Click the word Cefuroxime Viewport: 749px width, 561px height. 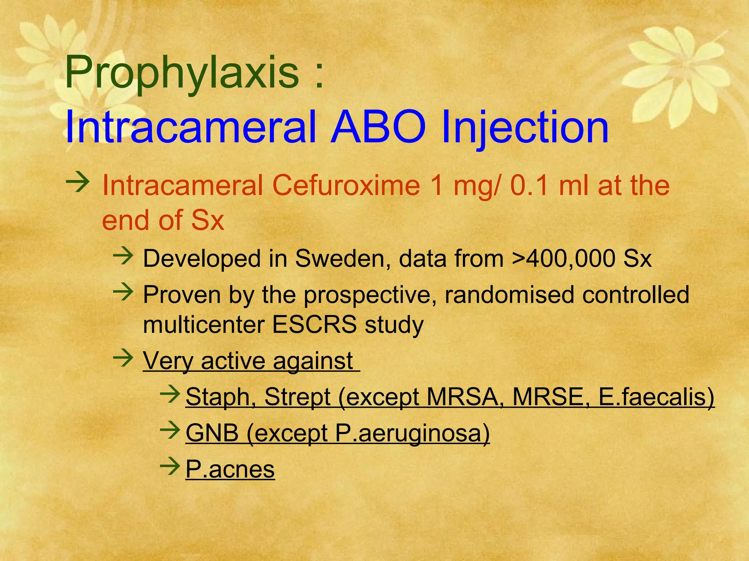pyautogui.click(x=346, y=186)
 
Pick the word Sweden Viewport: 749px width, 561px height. pyautogui.click(x=342, y=259)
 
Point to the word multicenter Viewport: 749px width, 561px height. pyautogui.click(x=203, y=324)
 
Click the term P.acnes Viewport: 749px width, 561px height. pyautogui.click(x=230, y=469)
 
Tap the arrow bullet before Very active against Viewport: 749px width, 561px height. pyautogui.click(x=123, y=357)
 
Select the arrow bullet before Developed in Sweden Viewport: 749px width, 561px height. pyautogui.click(x=123, y=255)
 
